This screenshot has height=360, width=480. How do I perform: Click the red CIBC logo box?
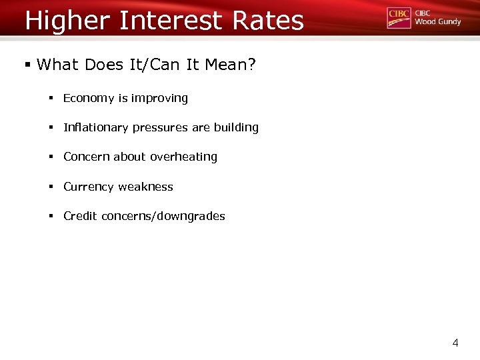point(399,18)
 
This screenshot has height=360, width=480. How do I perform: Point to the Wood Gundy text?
point(437,22)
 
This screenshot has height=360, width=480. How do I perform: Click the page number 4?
point(455,343)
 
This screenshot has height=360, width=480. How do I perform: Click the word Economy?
point(89,99)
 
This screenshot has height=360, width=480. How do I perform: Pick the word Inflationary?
point(95,127)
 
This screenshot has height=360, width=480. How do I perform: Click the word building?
point(236,127)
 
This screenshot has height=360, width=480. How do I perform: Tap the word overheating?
point(183,157)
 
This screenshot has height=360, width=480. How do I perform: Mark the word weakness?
point(145,187)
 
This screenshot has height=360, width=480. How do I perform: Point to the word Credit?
point(80,216)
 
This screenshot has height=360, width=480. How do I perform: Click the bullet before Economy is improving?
point(51,99)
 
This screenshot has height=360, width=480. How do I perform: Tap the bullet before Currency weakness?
point(51,187)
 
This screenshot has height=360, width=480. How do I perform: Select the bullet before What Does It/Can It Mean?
point(27,65)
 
